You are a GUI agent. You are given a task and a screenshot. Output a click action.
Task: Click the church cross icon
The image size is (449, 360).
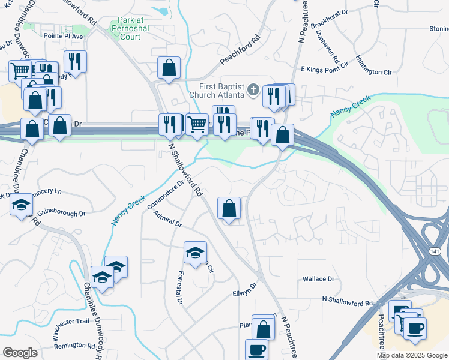point(253,91)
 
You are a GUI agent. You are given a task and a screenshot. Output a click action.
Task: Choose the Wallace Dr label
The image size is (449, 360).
point(318,279)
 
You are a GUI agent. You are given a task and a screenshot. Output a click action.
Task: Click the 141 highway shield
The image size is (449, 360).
point(434,251)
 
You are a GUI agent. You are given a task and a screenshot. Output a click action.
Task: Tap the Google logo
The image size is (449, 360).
point(20,353)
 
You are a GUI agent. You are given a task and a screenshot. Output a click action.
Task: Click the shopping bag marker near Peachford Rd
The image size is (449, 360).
point(169,68)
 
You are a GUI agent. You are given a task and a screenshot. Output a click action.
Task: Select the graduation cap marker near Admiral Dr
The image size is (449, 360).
point(195,253)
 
